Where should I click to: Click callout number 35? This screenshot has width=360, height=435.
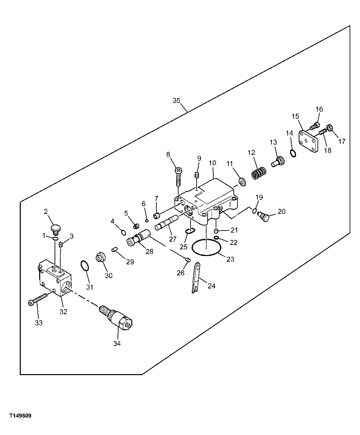click(176, 100)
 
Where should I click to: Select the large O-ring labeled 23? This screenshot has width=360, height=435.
click(207, 248)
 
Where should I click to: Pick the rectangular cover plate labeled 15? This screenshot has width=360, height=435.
click(308, 142)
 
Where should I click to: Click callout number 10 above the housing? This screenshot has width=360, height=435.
click(213, 163)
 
